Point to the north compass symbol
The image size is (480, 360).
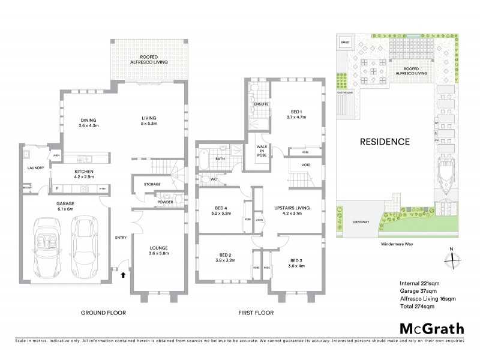(x=451, y=259)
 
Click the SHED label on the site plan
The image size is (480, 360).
(x=346, y=43)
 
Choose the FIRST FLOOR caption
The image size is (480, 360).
(x=256, y=313)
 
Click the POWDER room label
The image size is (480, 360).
(x=166, y=202)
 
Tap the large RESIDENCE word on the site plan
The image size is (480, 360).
(x=384, y=142)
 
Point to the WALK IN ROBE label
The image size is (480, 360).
(x=262, y=150)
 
